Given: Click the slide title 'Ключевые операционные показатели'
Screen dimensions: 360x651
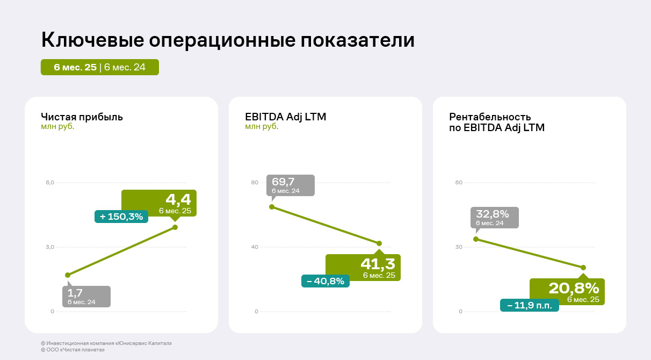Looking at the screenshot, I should tap(228, 41).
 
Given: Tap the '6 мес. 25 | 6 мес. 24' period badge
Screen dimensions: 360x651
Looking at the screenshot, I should tap(100, 67).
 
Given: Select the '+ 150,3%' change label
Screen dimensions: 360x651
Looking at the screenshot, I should tap(121, 217).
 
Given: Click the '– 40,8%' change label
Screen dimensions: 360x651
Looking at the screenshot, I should tap(325, 281).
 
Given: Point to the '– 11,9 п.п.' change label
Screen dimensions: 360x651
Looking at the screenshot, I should tap(529, 305).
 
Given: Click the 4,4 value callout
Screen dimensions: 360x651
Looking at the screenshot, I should tap(159, 203).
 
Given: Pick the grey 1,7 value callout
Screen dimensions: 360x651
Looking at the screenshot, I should tap(86, 297).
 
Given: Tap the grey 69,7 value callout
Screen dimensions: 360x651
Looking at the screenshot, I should tap(291, 185).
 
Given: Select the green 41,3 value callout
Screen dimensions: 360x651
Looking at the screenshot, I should tap(363, 267).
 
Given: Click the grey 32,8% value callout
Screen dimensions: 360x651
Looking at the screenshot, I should tap(495, 217).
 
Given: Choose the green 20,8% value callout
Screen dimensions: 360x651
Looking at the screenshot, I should tap(567, 291).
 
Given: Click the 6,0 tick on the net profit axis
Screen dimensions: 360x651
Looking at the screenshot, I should tap(50, 183).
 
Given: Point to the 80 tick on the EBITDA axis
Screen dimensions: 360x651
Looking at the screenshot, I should tap(255, 183).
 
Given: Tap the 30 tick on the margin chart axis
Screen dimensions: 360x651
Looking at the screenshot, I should tap(459, 247).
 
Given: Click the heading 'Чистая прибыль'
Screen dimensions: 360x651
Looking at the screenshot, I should tap(82, 117).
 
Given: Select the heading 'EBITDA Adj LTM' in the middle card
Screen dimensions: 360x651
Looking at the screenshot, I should tap(285, 117).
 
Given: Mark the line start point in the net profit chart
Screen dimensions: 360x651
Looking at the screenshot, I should tap(68, 275).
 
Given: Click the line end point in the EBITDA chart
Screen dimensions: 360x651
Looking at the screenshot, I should tap(379, 243).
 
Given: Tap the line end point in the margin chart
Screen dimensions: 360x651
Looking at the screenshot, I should tap(583, 268).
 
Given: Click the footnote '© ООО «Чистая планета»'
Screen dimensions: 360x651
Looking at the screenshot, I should tap(73, 350).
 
